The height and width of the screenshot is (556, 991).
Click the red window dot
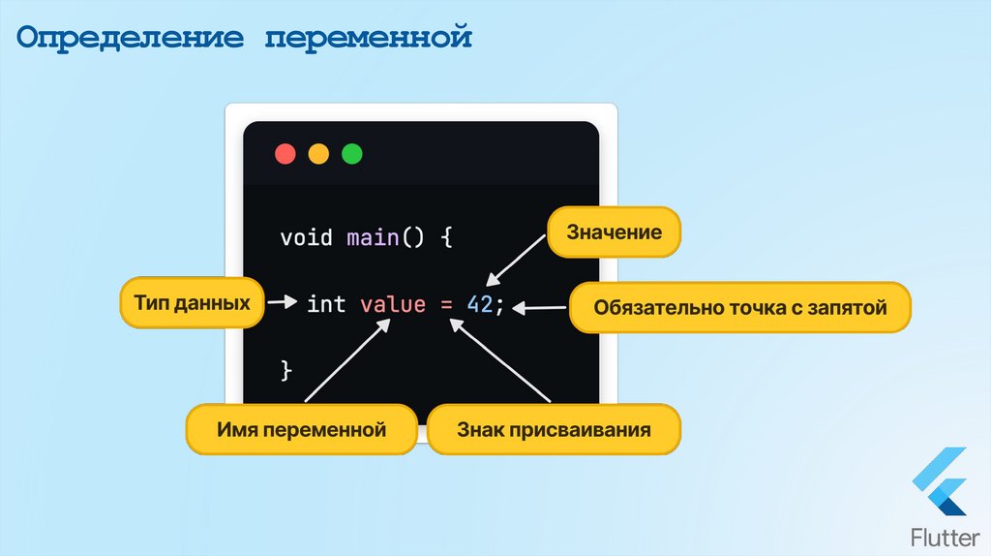pos(285,154)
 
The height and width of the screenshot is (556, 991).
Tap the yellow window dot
pos(318,154)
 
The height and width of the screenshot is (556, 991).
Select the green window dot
pos(351,154)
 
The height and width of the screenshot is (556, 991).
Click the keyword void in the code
pos(306,237)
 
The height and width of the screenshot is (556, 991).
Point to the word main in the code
pos(373,237)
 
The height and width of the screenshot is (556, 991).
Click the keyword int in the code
pos(326,304)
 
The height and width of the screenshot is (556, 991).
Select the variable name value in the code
pos(392,304)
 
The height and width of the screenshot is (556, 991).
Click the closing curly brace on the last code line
pos(285,370)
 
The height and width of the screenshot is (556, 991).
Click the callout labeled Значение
pos(614,233)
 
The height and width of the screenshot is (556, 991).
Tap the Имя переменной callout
pos(301,429)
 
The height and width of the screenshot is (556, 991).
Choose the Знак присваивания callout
pos(554,429)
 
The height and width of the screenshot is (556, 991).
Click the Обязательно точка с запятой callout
pos(739,308)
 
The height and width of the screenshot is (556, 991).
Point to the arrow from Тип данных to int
pos(282,303)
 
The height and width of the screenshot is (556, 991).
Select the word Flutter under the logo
pos(940,537)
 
